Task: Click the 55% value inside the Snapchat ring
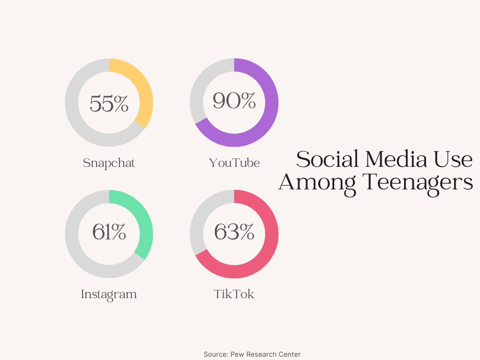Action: [x=109, y=103]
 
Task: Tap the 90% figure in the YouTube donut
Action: [x=234, y=101]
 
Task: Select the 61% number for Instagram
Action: [x=109, y=232]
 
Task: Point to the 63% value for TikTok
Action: [x=234, y=232]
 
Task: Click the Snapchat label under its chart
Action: [x=109, y=163]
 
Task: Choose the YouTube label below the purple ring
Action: [x=234, y=163]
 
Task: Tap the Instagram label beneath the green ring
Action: [x=109, y=294]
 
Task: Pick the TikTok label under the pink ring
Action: [x=234, y=294]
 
